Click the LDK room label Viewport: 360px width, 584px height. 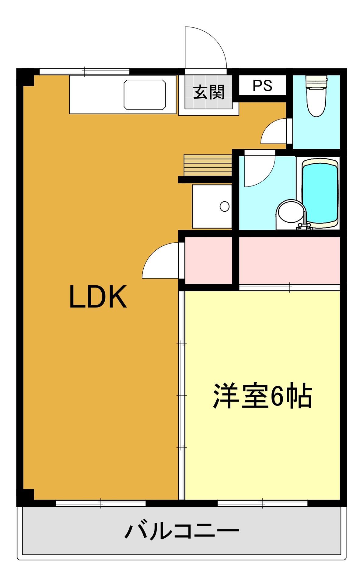click(98, 297)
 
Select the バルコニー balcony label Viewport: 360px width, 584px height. click(182, 531)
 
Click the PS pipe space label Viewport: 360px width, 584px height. click(262, 86)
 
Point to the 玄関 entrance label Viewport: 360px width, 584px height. click(209, 92)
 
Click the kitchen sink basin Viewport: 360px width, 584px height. click(145, 95)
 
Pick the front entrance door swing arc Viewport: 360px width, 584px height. click(207, 49)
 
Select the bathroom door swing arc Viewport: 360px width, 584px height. click(257, 169)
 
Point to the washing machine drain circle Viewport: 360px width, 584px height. click(225, 206)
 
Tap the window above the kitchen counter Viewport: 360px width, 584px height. click(85, 72)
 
